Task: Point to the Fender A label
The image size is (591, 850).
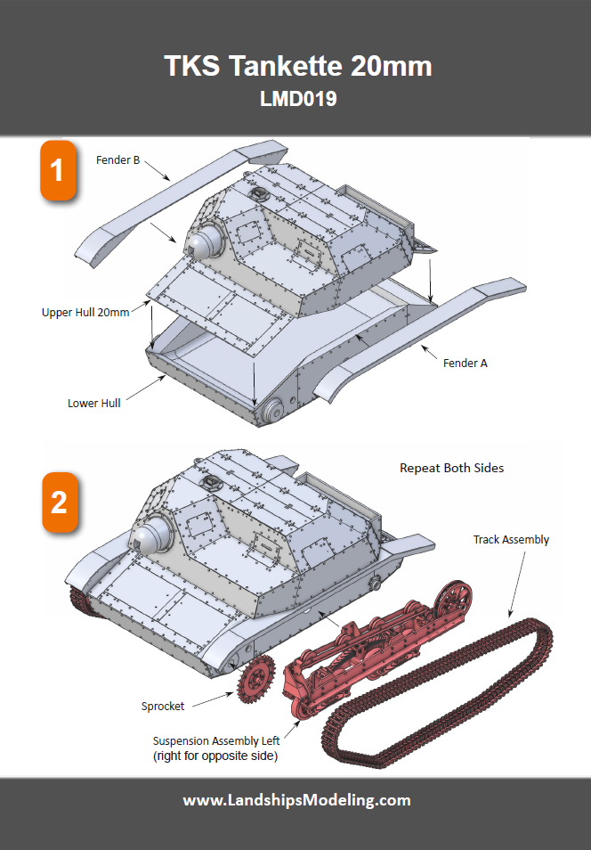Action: click(465, 363)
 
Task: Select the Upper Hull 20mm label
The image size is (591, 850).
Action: click(85, 313)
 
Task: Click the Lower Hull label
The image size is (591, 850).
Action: click(93, 403)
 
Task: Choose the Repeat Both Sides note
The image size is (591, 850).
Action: click(451, 468)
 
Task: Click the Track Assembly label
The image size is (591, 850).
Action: click(511, 540)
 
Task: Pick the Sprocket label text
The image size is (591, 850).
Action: click(163, 706)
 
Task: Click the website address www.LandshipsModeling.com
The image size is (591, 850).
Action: click(296, 799)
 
